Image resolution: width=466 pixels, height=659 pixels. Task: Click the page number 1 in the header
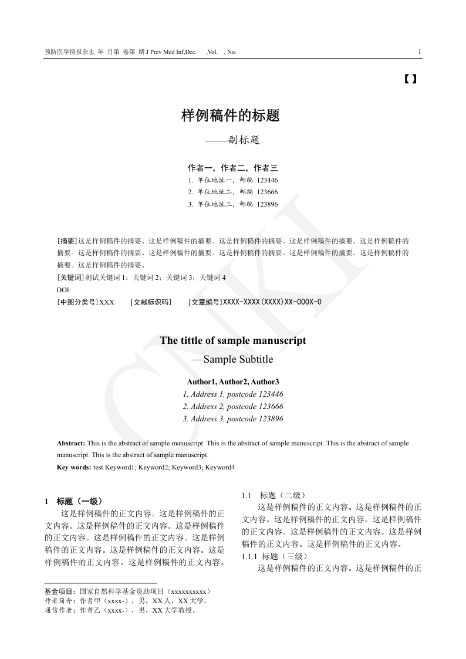[x=420, y=52]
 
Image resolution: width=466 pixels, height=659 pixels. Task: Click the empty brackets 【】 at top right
[x=411, y=78]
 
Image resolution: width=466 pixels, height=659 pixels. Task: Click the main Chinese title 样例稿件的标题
[x=231, y=116]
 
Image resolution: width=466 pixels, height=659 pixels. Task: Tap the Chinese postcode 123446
[x=268, y=180]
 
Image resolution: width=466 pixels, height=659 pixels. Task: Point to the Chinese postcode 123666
[x=268, y=192]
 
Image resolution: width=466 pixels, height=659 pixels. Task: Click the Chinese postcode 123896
[x=268, y=204]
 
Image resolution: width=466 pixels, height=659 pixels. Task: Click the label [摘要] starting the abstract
[x=67, y=241]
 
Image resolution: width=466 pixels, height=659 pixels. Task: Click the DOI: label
[x=63, y=290]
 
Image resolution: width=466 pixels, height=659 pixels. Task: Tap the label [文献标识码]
[x=150, y=302]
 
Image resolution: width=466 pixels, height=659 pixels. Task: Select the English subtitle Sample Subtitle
[x=238, y=359]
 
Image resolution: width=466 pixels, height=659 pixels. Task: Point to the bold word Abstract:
[x=71, y=443]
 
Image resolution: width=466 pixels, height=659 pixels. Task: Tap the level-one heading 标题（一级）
[x=80, y=501]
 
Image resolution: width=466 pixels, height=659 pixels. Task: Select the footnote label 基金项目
[x=59, y=591]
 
